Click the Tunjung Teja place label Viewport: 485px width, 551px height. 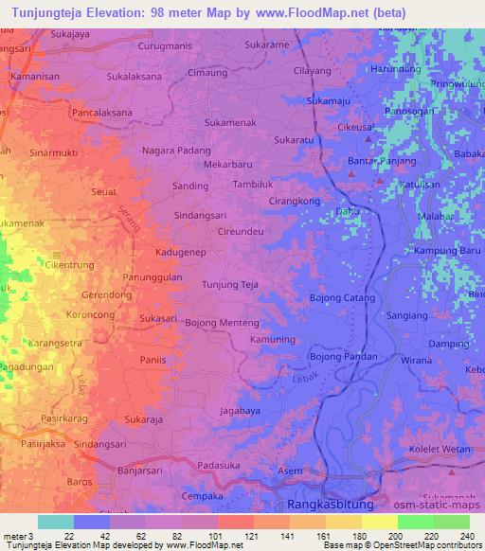pyautogui.click(x=231, y=283)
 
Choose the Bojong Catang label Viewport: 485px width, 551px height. pyautogui.click(x=343, y=298)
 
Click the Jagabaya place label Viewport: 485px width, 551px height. pyautogui.click(x=241, y=412)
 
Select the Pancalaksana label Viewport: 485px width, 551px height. pyautogui.click(x=85, y=111)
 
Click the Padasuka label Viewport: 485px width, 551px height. pyautogui.click(x=219, y=466)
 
